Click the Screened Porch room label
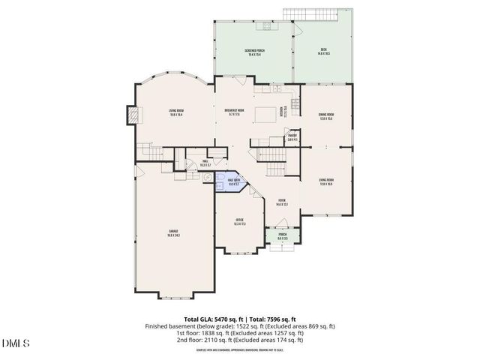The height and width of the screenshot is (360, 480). click(253, 52)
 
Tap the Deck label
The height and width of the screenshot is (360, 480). click(324, 52)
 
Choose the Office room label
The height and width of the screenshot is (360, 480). click(240, 222)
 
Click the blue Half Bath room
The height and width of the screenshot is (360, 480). click(232, 181)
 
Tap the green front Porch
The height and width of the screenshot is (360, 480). click(282, 237)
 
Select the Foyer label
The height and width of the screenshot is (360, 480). click(282, 202)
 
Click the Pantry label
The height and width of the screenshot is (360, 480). click(292, 138)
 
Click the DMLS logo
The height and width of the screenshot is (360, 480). click(15, 344)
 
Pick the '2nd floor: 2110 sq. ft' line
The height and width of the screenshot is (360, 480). click(241, 340)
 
